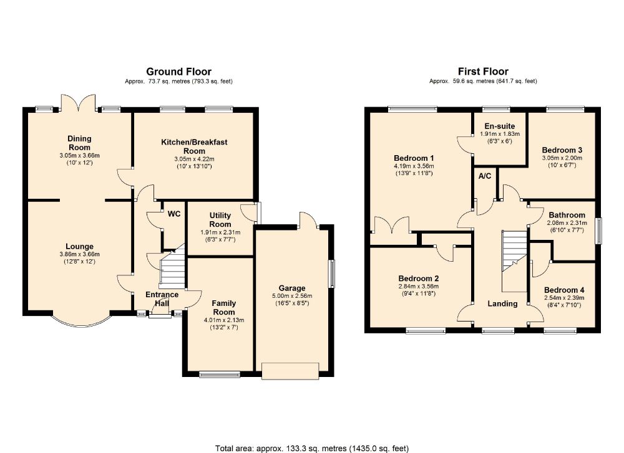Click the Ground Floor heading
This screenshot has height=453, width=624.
(x=178, y=72)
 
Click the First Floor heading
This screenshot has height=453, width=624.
(x=483, y=72)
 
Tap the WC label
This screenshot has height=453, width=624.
(x=174, y=214)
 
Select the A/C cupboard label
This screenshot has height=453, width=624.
(x=485, y=176)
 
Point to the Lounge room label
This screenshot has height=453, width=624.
(x=80, y=246)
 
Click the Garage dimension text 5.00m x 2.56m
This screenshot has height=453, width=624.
(x=292, y=296)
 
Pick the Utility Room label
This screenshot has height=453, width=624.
(x=220, y=220)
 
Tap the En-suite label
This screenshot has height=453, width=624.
(x=500, y=126)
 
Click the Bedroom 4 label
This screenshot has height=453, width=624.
(x=564, y=290)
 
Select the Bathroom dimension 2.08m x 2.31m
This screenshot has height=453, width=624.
(x=567, y=223)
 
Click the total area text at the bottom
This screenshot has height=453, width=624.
(x=312, y=448)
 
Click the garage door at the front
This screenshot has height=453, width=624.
(x=290, y=371)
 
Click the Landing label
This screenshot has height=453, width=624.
(x=502, y=303)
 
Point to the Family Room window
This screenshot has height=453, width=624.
(x=220, y=374)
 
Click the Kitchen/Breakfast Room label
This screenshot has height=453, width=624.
(x=194, y=146)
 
